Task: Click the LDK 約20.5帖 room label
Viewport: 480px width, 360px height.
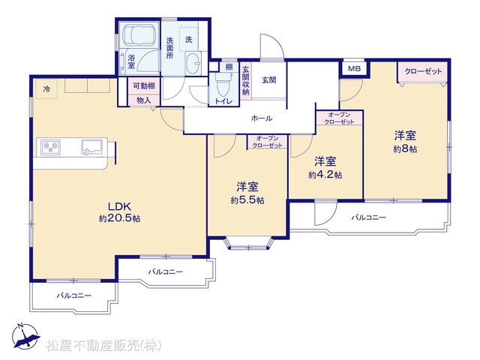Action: coord(120,211)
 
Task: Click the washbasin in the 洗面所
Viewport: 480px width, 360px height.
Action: coord(193,63)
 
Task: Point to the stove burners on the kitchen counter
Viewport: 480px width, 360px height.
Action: coord(50,146)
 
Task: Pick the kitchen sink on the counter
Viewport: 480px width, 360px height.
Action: coord(91,147)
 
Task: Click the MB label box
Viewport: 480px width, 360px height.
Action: coord(354,68)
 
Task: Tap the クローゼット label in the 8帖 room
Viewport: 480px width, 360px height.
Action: coord(423,71)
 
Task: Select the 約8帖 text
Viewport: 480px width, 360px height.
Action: coord(405,149)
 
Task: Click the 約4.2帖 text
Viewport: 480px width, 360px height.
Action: coord(325,175)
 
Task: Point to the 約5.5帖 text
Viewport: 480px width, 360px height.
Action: coord(247,200)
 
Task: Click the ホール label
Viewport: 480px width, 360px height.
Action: coord(262,118)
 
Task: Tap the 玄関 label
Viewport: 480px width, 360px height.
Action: coord(269,80)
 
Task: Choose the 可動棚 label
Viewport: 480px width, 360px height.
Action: coord(143,86)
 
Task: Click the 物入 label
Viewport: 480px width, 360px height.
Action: coord(143,100)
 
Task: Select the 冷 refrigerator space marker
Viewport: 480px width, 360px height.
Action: coord(46,89)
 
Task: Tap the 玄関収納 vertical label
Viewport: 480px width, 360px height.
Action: coord(245,80)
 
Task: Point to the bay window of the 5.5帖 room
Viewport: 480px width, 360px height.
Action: coord(248,242)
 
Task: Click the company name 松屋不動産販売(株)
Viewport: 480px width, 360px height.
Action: coord(103,346)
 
